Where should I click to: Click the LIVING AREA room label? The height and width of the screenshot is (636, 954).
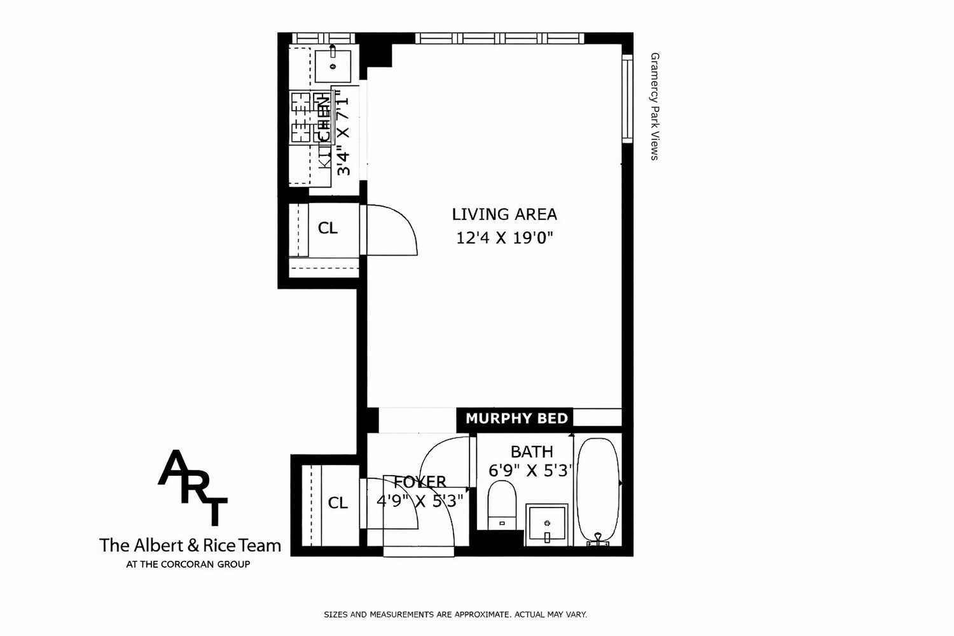[x=504, y=214]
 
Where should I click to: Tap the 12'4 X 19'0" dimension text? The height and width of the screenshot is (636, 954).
[x=504, y=238]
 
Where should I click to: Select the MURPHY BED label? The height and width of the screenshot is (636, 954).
[x=516, y=418]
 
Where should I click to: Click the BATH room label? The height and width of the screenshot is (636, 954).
[x=532, y=452]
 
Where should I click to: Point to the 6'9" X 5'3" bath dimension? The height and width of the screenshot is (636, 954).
[x=531, y=471]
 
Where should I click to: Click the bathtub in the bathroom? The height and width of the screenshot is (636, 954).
[x=597, y=490]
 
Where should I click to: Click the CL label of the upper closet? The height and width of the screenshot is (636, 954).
[x=328, y=228]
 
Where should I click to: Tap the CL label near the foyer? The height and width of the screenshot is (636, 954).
[x=338, y=503]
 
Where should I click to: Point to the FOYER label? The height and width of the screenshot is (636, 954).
[x=420, y=482]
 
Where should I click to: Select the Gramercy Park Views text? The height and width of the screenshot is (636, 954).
[x=654, y=106]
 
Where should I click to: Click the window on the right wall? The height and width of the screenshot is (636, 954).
[x=627, y=98]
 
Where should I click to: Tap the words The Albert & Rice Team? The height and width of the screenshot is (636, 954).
[x=190, y=545]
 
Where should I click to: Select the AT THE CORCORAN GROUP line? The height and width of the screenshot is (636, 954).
[x=188, y=564]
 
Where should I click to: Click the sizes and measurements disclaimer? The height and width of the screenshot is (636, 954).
[x=455, y=614]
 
